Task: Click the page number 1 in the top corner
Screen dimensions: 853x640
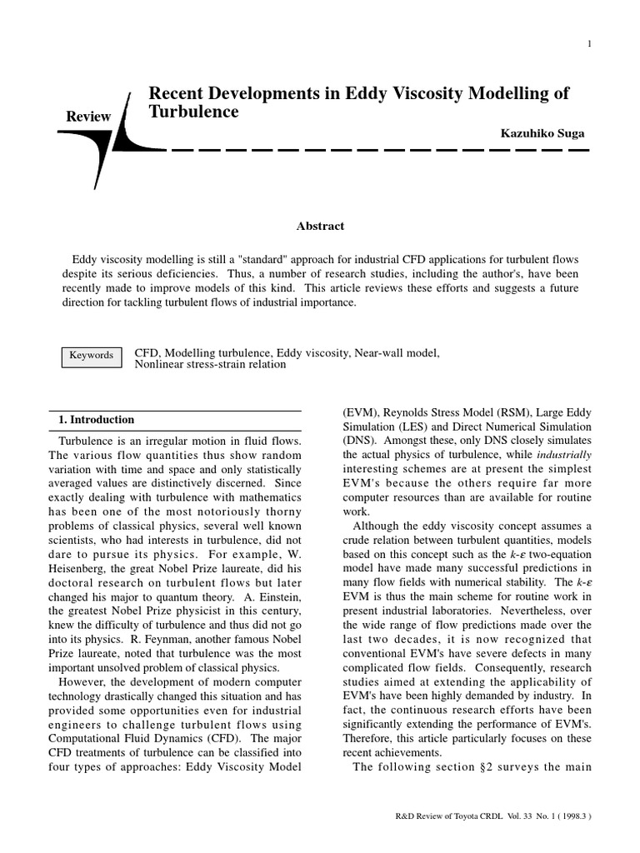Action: [x=589, y=44]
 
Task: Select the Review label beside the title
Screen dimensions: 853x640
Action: [x=88, y=117]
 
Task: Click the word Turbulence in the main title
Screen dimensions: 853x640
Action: [x=193, y=112]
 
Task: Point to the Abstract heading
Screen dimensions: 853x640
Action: [x=320, y=226]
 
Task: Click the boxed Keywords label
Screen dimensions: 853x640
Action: [x=91, y=355]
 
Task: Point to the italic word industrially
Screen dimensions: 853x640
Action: [x=562, y=455]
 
